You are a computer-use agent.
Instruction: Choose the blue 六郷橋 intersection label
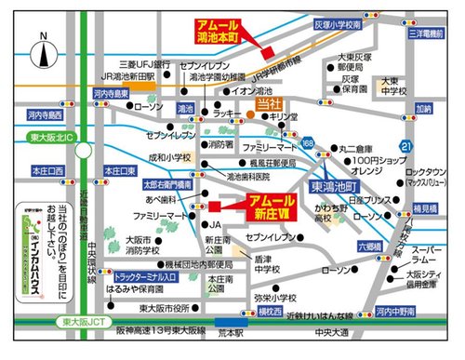pyautogui.click(x=369, y=247)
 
